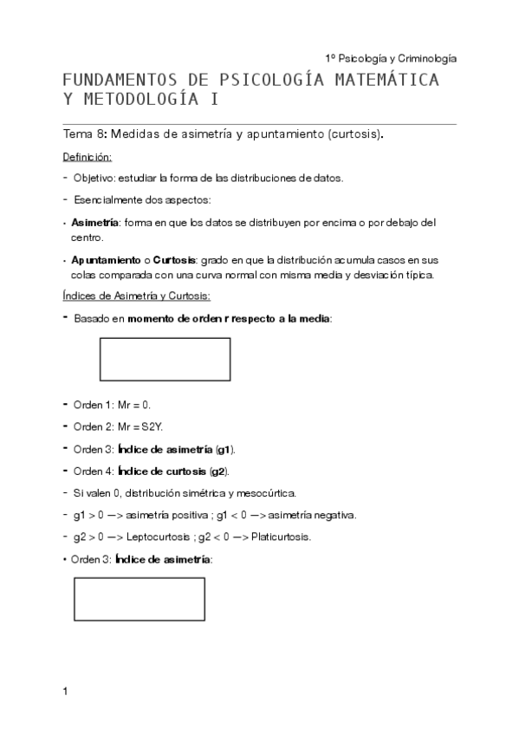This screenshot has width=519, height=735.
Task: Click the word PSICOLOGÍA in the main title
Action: pos(269,81)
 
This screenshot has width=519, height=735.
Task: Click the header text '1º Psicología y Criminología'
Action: pos(391,58)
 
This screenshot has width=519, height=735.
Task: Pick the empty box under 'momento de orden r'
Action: pos(165,360)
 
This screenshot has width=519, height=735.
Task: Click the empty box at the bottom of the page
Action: pos(139,599)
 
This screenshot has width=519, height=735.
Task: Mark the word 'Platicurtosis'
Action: pos(282,537)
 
